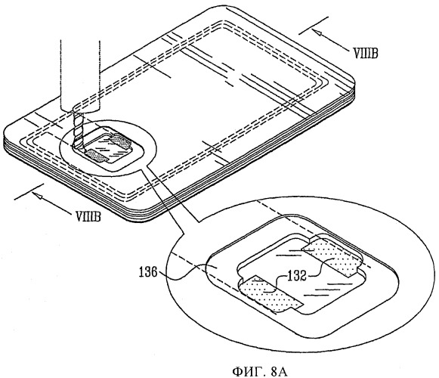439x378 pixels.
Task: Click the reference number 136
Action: [x=148, y=272]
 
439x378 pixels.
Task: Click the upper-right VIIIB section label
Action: [x=366, y=53]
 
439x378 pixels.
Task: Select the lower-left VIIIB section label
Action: [x=88, y=217]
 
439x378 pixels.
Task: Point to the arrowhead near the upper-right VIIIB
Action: [x=318, y=33]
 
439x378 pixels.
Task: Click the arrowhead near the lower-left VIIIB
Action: [x=37, y=195]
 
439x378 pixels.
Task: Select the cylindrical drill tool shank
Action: [x=80, y=76]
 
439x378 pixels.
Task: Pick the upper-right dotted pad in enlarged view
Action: [x=334, y=256]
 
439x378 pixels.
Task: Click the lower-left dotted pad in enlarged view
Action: [x=271, y=293]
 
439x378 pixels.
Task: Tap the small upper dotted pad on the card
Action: [x=121, y=141]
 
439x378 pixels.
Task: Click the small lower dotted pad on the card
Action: [x=97, y=156]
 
